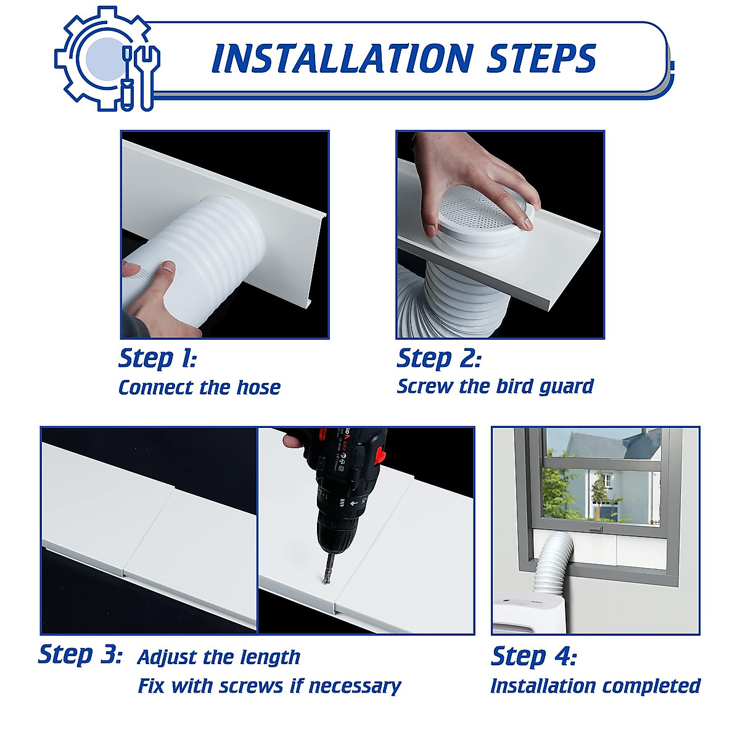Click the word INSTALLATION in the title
[342, 59]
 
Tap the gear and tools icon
[107, 59]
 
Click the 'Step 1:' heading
[157, 358]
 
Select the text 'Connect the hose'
[199, 388]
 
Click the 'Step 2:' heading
[438, 358]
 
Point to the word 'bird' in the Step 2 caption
[514, 387]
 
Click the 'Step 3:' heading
[80, 654]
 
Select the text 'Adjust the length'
[219, 657]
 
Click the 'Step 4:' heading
[533, 656]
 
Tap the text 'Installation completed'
[595, 686]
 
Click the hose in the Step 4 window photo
[555, 564]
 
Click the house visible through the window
[592, 475]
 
